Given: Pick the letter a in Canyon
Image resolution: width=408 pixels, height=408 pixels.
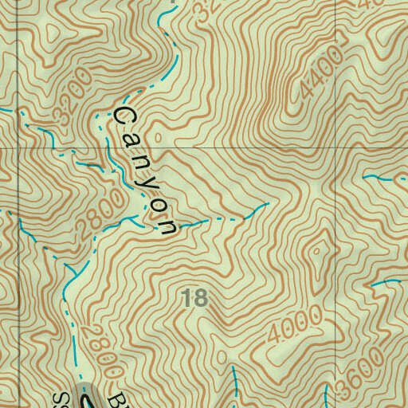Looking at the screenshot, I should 132,140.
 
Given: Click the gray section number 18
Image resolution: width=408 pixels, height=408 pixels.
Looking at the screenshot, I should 194,299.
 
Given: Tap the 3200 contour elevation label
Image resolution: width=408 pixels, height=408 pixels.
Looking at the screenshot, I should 71,106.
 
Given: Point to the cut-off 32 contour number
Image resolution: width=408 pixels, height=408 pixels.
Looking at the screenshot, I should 206,10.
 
